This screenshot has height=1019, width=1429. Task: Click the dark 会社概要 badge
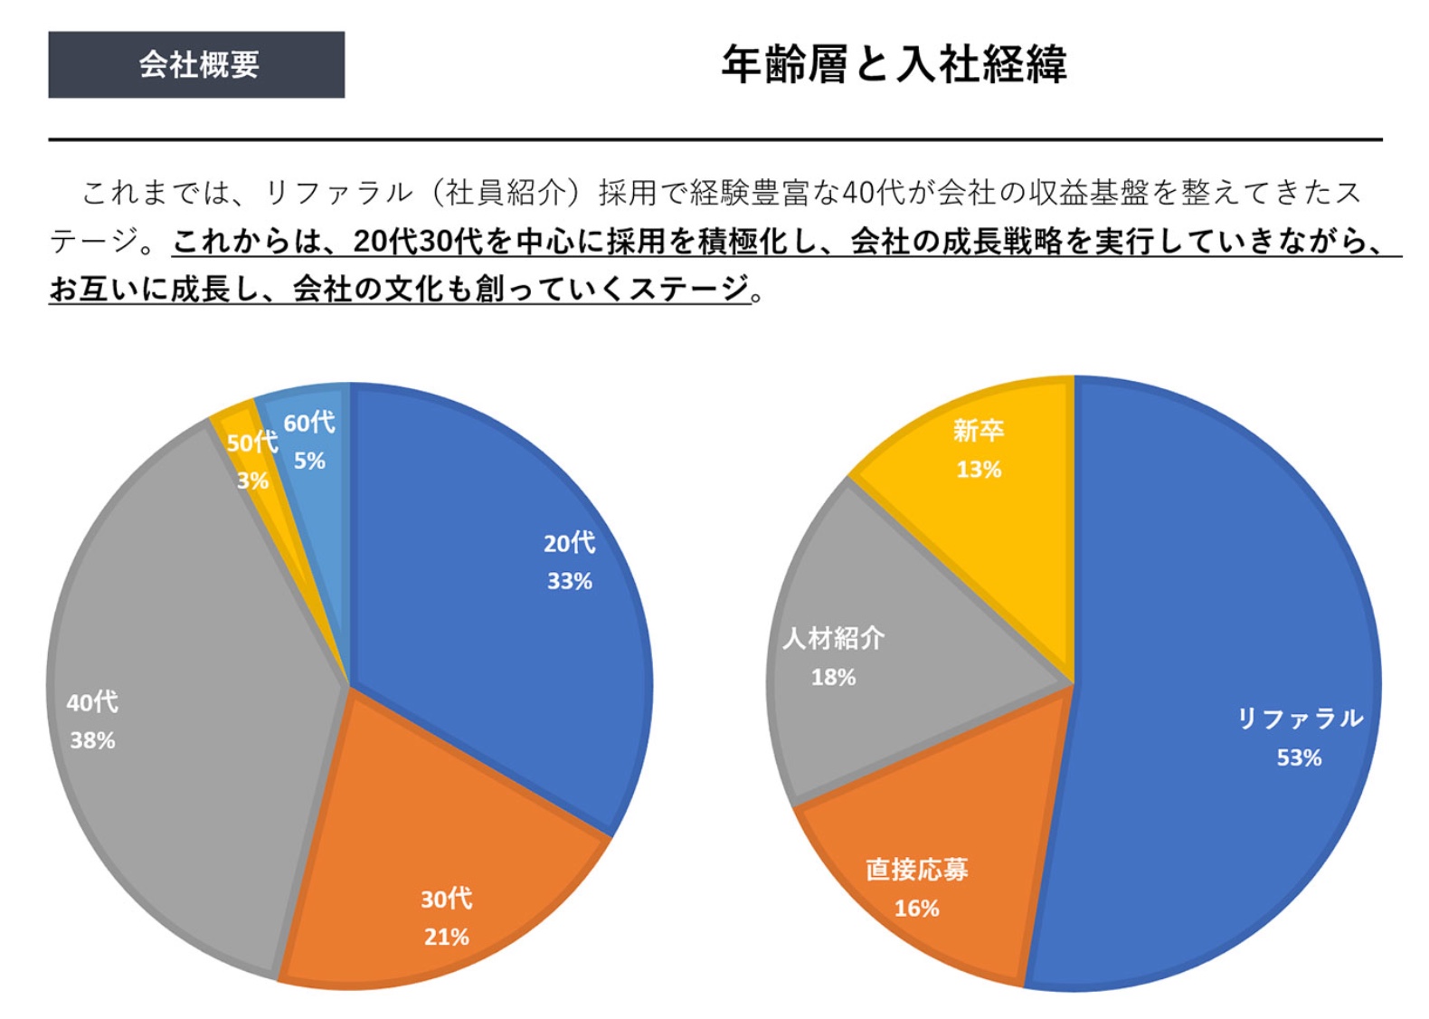coord(196,64)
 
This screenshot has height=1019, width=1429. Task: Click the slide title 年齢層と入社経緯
coord(893,64)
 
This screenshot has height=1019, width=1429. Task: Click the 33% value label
coord(569,581)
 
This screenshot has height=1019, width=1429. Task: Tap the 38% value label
coord(92,740)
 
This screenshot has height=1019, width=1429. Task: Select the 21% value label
coord(446,937)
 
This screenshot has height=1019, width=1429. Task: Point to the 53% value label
coord(1299,757)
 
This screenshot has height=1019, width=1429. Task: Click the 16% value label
coord(916,908)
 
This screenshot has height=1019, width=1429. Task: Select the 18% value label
coord(833,677)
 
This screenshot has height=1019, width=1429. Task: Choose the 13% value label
coord(979,469)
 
